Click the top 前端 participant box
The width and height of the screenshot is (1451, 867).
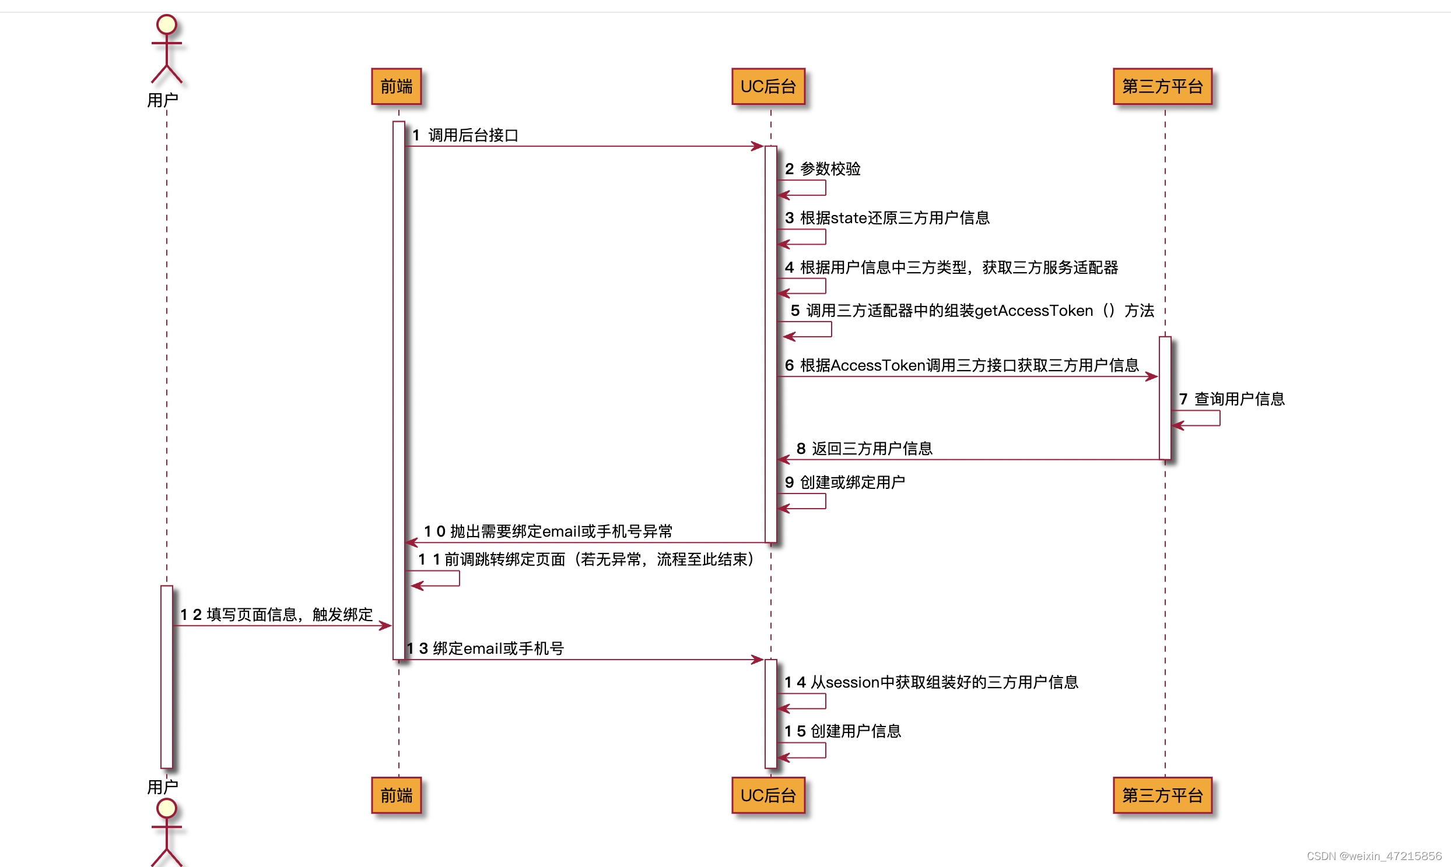pyautogui.click(x=397, y=86)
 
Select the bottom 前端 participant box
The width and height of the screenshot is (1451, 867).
pyautogui.click(x=397, y=795)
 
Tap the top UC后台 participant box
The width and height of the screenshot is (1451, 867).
pyautogui.click(x=768, y=86)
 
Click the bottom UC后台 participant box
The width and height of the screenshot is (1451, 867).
pyautogui.click(x=768, y=795)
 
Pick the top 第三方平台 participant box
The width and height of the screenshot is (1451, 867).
pyautogui.click(x=1162, y=86)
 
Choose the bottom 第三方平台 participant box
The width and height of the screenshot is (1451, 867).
pyautogui.click(x=1162, y=795)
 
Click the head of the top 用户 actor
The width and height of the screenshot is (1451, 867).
pyautogui.click(x=167, y=24)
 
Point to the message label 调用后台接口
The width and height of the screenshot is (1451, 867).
pyautogui.click(x=473, y=136)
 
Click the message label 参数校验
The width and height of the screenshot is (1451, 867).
pyautogui.click(x=830, y=169)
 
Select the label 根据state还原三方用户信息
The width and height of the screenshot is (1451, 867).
pyautogui.click(x=895, y=218)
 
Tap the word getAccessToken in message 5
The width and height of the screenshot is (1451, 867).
pyautogui.click(x=1033, y=311)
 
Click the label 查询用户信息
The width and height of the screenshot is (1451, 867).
pyautogui.click(x=1239, y=399)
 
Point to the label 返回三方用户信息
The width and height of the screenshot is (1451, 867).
pyautogui.click(x=872, y=449)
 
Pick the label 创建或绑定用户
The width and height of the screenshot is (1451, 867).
pyautogui.click(x=853, y=482)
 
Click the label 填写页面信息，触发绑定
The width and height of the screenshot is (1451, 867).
pyautogui.click(x=289, y=615)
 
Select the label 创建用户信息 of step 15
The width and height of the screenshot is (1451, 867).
pyautogui.click(x=856, y=731)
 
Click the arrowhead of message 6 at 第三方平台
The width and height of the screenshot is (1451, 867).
pyautogui.click(x=1152, y=377)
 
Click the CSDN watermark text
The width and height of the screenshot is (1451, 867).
pyautogui.click(x=1374, y=856)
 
